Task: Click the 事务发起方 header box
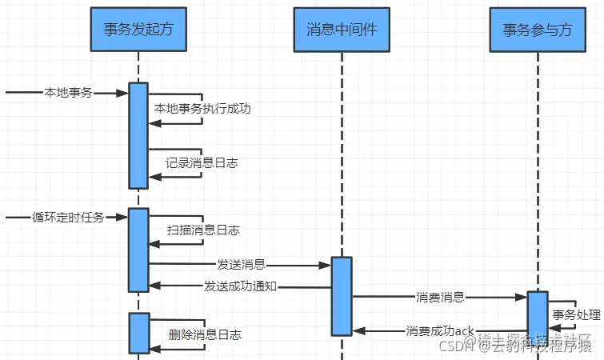pos(138,30)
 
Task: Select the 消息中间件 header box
pos(341,30)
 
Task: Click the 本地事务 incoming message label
pos(68,93)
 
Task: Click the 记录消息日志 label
pos(202,162)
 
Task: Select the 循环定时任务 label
pos(68,217)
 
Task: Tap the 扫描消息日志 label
pos(203,230)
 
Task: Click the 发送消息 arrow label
pos(241,264)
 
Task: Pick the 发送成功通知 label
pos(240,286)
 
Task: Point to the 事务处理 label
pos(574,304)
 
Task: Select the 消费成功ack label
pos(440,330)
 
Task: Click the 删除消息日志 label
pos(205,334)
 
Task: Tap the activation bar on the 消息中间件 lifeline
pos(341,296)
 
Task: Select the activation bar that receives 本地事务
pos(138,135)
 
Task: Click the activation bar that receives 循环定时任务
pos(138,250)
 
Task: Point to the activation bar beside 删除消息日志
pos(138,333)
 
